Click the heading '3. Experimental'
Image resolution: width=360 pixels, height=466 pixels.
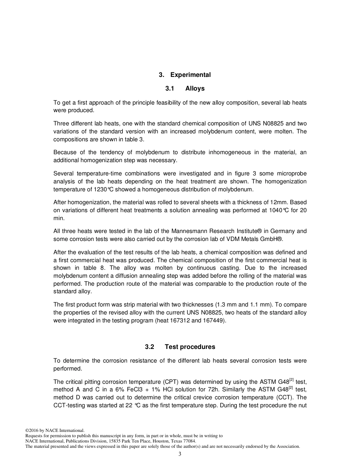(x=185, y=75)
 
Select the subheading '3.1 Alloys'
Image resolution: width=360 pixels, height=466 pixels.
(x=185, y=88)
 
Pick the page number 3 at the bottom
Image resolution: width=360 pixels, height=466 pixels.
(x=180, y=454)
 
